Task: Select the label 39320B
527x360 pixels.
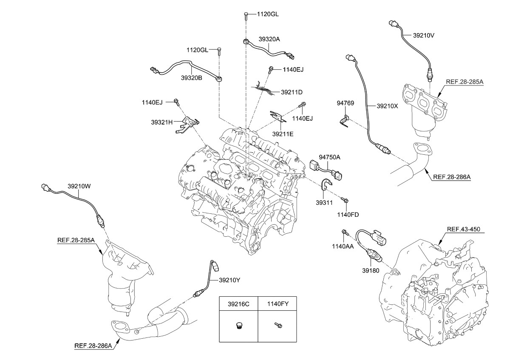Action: coord(191,78)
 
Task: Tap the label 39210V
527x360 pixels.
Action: coord(418,35)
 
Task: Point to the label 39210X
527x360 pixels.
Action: coord(387,106)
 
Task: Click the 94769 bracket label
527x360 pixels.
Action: coord(346,103)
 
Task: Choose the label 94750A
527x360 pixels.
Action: coord(330,157)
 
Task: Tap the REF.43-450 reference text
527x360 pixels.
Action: coord(463,229)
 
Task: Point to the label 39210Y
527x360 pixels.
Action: coord(229,280)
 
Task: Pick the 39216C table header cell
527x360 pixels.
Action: coord(238,304)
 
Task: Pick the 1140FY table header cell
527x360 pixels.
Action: coord(278,304)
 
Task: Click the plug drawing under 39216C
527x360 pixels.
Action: coord(238,326)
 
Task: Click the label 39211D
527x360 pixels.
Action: coord(292,92)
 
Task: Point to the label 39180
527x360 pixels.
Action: coord(371,270)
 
